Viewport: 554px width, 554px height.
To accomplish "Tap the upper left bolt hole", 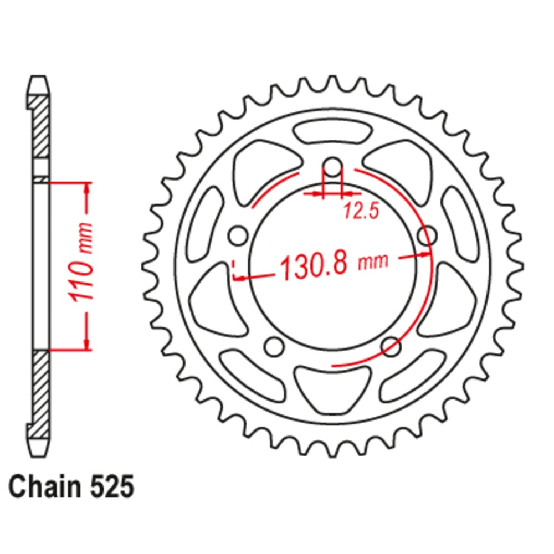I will coord(238,235).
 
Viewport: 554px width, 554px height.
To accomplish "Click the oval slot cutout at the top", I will coord(332,133).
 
